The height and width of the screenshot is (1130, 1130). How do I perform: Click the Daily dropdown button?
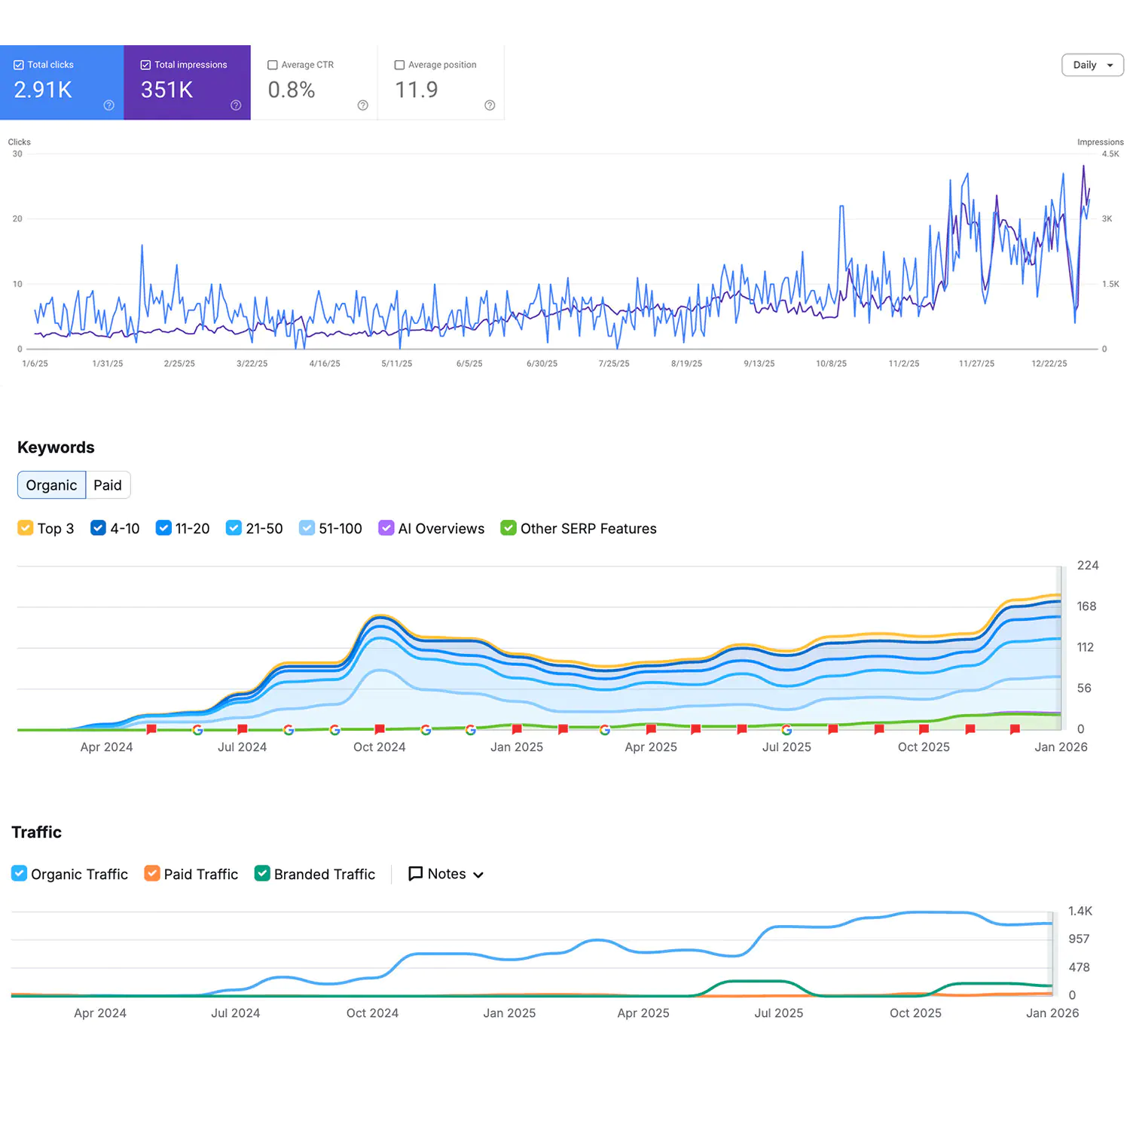click(x=1092, y=65)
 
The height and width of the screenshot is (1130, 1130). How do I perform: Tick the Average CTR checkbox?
click(x=273, y=65)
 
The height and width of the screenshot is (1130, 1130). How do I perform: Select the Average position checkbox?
click(x=400, y=65)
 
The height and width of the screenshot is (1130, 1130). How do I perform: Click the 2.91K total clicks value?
click(x=43, y=90)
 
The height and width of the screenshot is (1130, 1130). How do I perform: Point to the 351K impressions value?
click(x=166, y=90)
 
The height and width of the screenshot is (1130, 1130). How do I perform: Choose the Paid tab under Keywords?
click(x=108, y=485)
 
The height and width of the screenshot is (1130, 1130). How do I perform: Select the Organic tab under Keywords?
click(x=51, y=485)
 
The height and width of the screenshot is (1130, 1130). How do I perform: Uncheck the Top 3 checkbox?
click(x=25, y=528)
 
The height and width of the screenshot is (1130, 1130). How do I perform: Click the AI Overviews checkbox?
click(x=386, y=528)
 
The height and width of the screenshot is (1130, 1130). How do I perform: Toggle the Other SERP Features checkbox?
click(x=508, y=528)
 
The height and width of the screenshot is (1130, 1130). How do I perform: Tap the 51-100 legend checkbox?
click(x=307, y=528)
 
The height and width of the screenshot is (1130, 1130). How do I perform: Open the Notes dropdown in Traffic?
click(x=446, y=874)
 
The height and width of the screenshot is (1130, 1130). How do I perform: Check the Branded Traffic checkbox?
click(x=262, y=874)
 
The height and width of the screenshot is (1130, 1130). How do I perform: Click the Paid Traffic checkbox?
click(x=152, y=874)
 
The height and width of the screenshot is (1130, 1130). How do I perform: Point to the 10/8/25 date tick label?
click(x=831, y=364)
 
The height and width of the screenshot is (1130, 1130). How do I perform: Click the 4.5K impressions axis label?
click(x=1110, y=154)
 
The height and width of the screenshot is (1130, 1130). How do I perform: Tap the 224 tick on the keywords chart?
click(x=1088, y=566)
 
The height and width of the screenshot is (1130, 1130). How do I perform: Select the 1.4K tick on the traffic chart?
click(x=1080, y=912)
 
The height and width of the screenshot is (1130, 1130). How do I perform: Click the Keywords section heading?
click(x=56, y=447)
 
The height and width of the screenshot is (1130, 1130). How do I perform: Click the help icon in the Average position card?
click(x=490, y=105)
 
